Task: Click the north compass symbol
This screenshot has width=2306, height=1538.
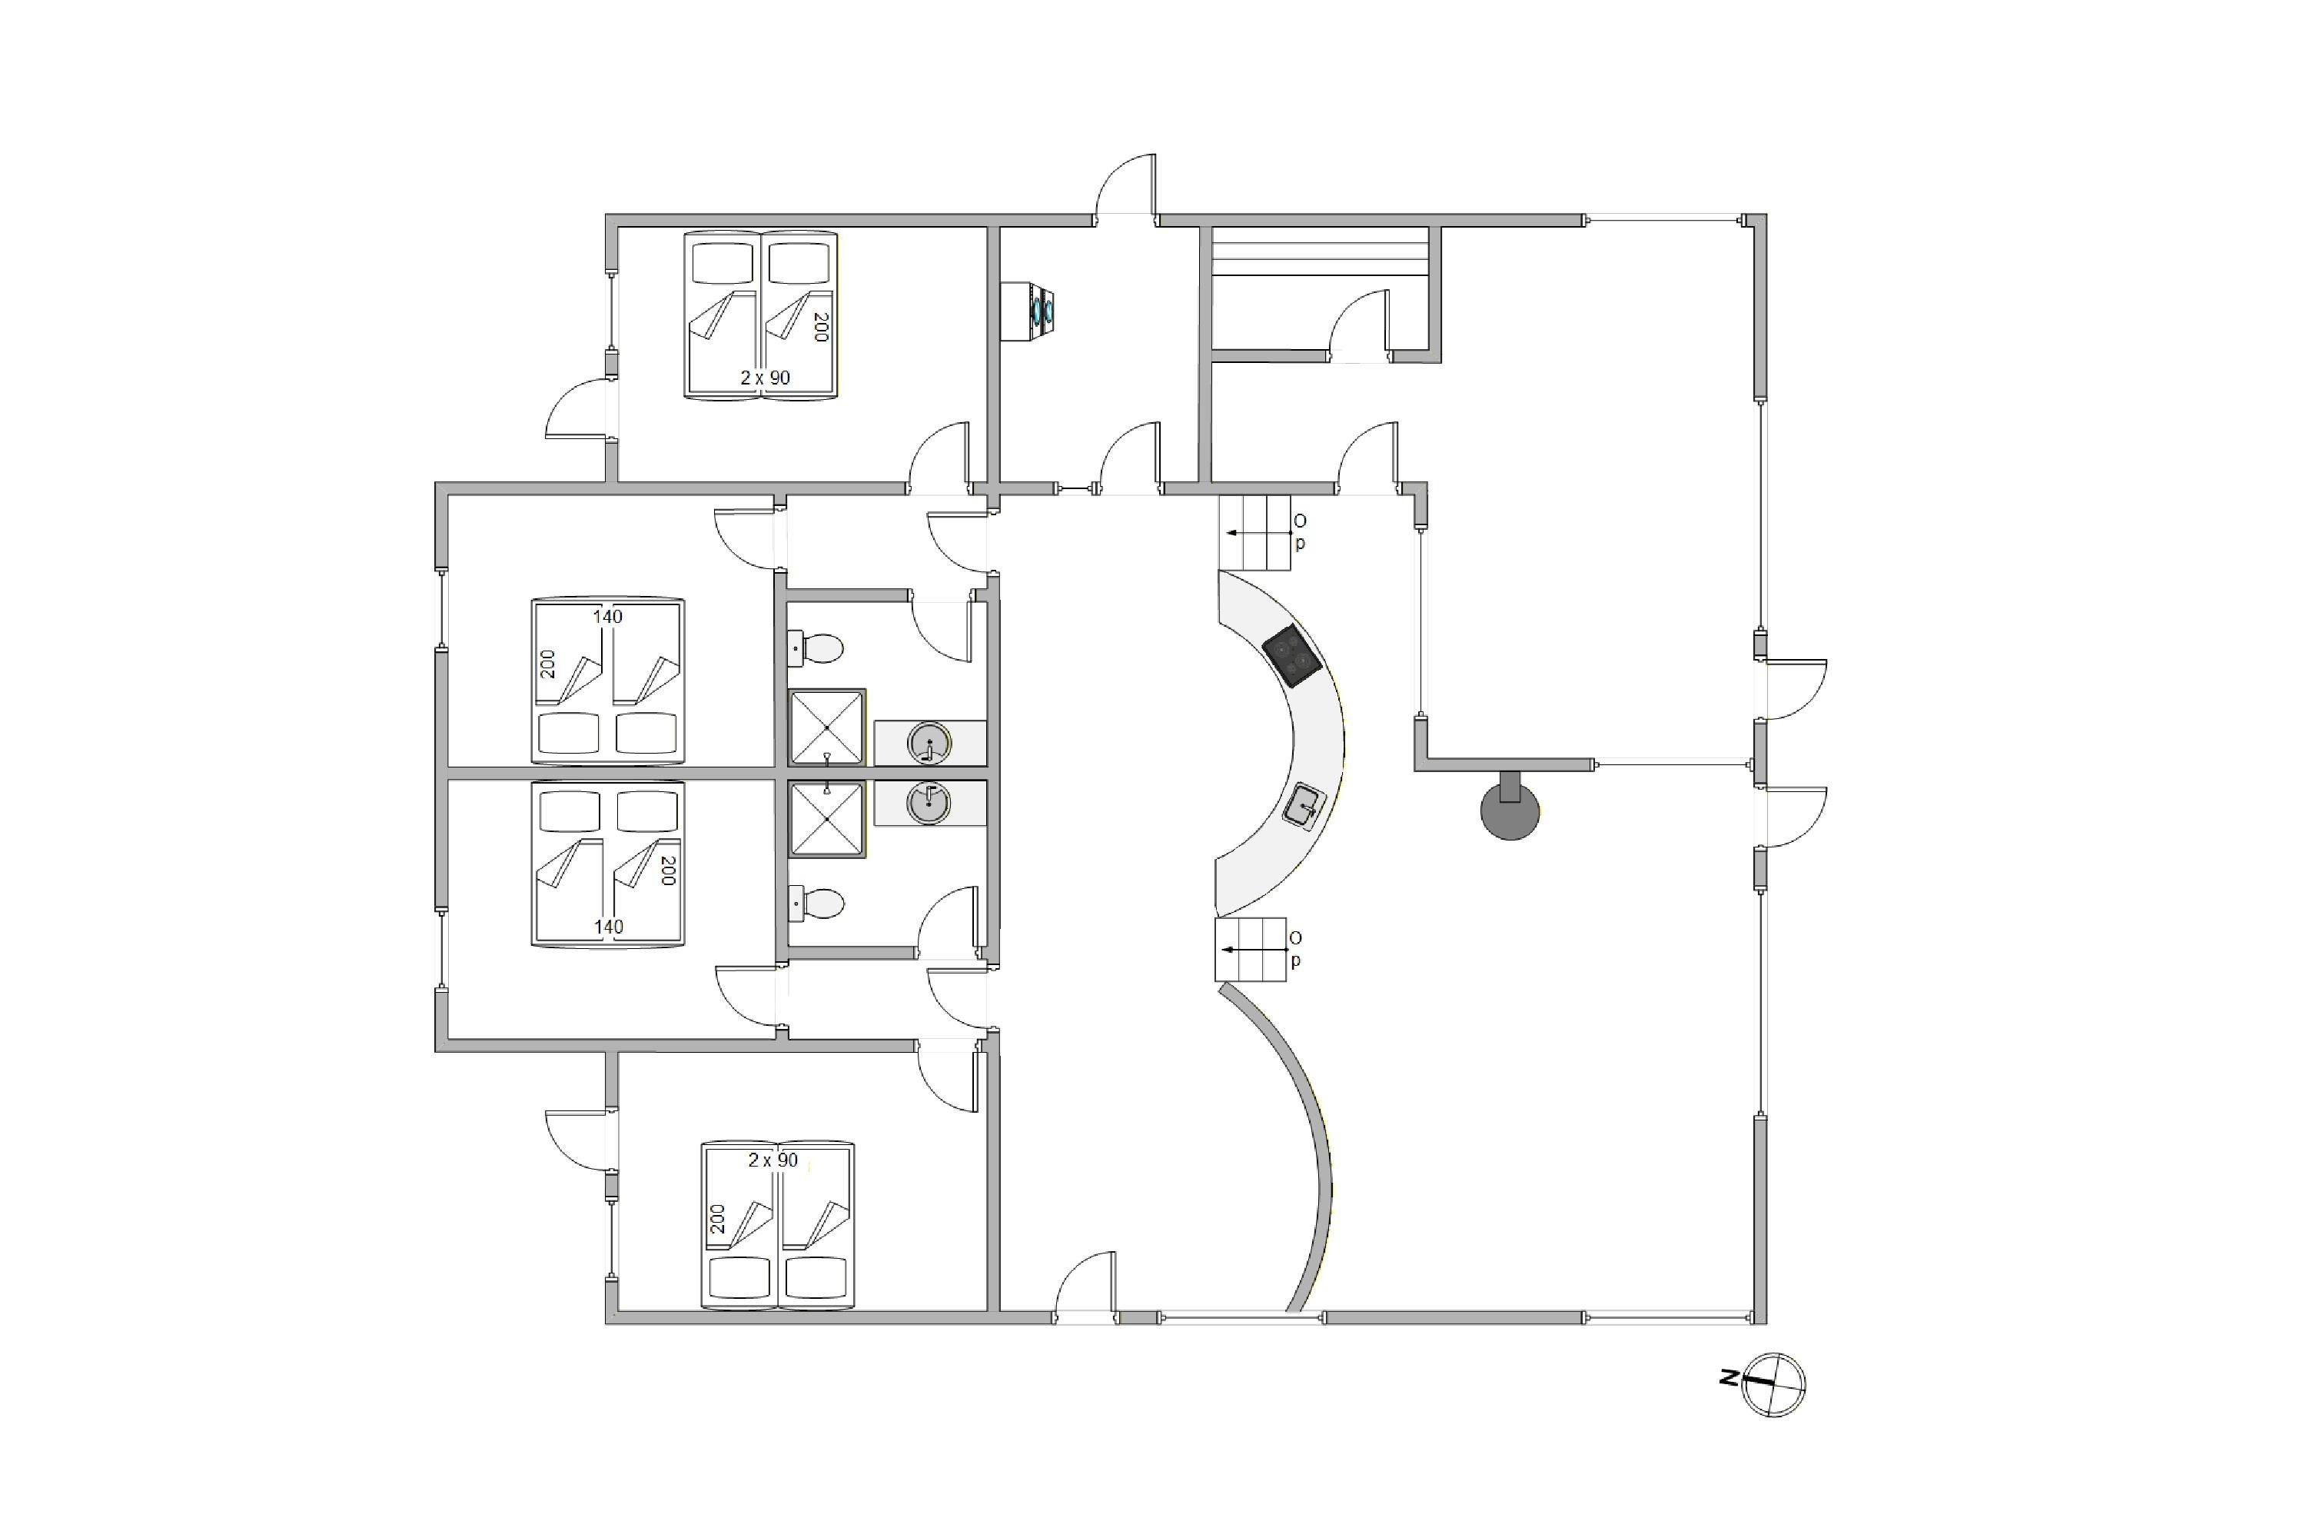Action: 1773,1384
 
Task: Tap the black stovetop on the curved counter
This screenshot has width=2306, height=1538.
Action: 1291,656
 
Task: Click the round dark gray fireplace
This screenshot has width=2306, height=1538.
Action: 1510,809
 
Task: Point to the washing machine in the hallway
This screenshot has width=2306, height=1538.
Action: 1028,311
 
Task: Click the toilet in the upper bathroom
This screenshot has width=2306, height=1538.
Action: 816,648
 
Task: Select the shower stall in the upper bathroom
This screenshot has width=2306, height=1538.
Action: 828,727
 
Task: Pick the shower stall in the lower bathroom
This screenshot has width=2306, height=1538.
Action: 828,819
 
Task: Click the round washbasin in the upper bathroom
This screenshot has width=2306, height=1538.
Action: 929,743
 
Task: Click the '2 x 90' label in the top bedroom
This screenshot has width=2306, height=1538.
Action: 765,378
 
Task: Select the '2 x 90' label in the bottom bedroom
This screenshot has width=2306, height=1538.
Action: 773,1160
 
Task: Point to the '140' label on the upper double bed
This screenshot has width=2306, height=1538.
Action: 608,617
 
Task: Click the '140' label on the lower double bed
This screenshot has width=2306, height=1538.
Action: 608,926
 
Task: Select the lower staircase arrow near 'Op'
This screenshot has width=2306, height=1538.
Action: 1254,950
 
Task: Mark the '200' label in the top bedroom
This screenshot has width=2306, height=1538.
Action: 822,327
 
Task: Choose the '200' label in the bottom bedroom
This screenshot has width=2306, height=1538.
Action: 718,1219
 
